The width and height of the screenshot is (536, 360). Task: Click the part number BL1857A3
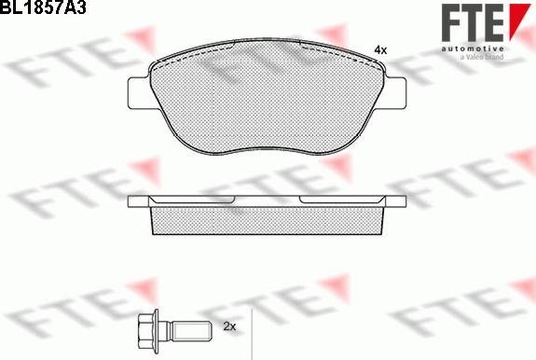click(43, 7)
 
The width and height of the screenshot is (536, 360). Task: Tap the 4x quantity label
click(380, 50)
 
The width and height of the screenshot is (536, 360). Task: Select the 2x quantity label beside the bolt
click(229, 326)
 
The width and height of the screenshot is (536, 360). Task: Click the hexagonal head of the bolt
click(146, 331)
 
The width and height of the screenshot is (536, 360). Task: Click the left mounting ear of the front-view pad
click(140, 93)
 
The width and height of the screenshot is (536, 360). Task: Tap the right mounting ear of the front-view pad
click(395, 93)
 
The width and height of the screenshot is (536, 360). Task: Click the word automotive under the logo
click(473, 48)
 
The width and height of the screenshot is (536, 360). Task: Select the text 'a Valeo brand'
click(482, 57)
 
